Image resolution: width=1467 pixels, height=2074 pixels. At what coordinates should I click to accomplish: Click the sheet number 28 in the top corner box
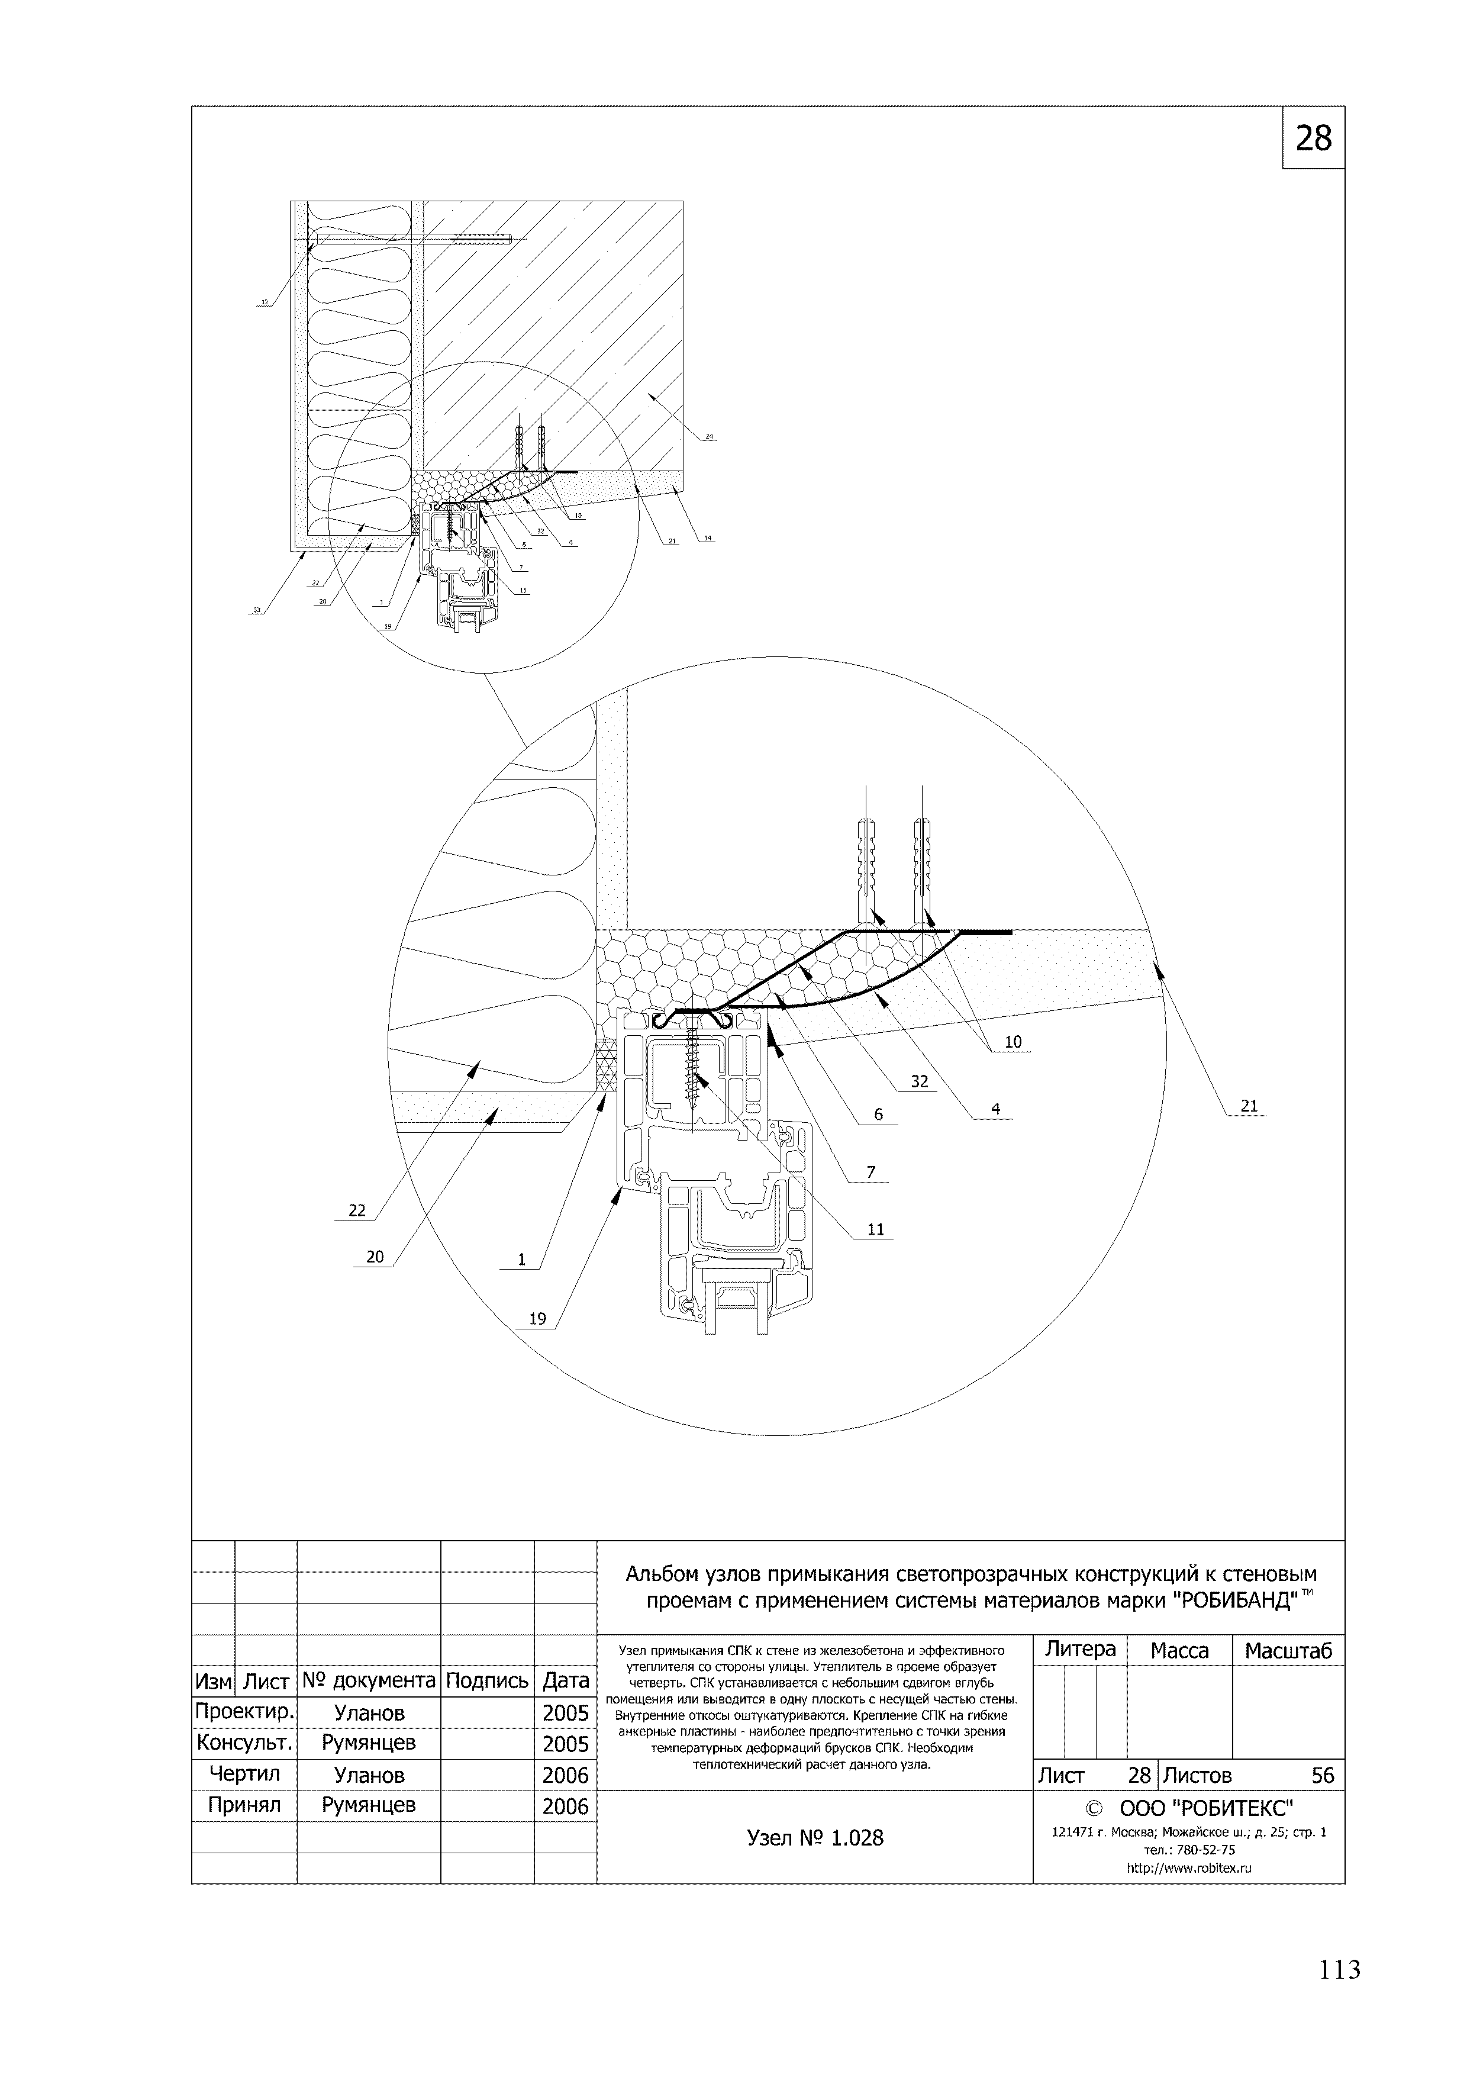pos(1313,138)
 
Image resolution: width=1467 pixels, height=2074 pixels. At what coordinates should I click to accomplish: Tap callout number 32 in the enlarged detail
pos(920,1082)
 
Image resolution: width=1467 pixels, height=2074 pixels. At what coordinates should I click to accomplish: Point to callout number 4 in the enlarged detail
pos(995,1109)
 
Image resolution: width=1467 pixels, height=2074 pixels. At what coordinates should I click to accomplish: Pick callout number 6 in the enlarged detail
pos(878,1116)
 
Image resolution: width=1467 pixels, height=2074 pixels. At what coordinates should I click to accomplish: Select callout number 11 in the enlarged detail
pos(875,1229)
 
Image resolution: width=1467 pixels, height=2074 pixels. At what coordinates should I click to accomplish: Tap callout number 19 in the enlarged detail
pos(537,1319)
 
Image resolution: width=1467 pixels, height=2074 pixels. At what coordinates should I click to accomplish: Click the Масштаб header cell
pos(1287,1651)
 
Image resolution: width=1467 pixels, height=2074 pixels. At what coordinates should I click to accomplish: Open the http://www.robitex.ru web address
pos(1189,1869)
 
